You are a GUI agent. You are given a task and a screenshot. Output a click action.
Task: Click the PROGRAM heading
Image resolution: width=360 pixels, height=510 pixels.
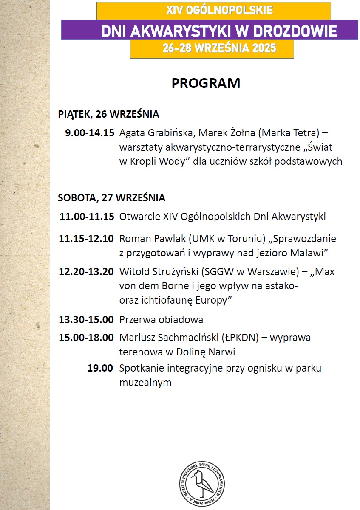point(206,83)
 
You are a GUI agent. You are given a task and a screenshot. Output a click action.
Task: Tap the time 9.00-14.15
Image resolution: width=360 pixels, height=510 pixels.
point(89,133)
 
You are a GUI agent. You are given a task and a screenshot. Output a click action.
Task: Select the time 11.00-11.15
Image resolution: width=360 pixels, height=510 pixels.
point(87,217)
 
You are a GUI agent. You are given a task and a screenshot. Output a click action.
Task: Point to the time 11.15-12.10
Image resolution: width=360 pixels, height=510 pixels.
point(86,239)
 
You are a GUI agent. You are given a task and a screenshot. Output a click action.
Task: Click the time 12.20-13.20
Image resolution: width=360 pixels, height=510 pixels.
point(86,272)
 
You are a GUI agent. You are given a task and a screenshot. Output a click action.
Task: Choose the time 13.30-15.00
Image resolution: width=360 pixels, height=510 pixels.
point(86,319)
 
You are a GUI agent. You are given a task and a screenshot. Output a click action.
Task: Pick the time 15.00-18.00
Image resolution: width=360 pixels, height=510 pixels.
point(86,338)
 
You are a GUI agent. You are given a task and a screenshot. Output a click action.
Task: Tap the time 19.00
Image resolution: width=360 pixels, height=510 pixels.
point(100,368)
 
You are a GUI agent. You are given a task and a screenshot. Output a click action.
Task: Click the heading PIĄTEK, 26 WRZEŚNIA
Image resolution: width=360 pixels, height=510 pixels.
point(108,114)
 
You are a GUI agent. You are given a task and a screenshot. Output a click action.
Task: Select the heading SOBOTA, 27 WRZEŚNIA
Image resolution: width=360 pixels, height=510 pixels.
point(111,198)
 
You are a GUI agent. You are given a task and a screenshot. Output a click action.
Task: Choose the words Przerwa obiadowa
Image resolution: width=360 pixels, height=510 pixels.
point(161,319)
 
